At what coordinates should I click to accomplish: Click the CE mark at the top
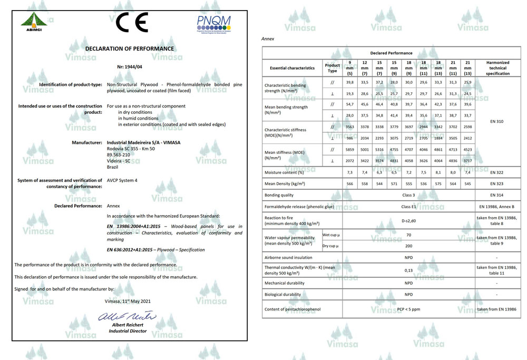point(132,22)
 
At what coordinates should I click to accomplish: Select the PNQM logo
point(213,23)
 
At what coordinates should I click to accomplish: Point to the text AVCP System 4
point(122,180)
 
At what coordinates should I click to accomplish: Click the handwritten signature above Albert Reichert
point(128,316)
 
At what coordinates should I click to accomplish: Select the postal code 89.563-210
point(119,154)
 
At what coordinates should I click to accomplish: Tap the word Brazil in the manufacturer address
point(113,167)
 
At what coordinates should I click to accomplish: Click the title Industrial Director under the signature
point(128,331)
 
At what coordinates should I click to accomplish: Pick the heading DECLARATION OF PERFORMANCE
point(130,48)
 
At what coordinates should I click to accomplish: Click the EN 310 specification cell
point(496,121)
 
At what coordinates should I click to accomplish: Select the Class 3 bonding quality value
point(408,195)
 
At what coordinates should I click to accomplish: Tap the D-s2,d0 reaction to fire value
point(408,221)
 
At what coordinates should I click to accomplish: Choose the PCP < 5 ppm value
point(408,309)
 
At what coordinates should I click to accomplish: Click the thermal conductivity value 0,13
point(408,270)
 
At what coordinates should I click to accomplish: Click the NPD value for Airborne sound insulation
point(408,258)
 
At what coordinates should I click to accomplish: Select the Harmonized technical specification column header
point(497,68)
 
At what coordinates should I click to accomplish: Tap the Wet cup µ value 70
point(408,235)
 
